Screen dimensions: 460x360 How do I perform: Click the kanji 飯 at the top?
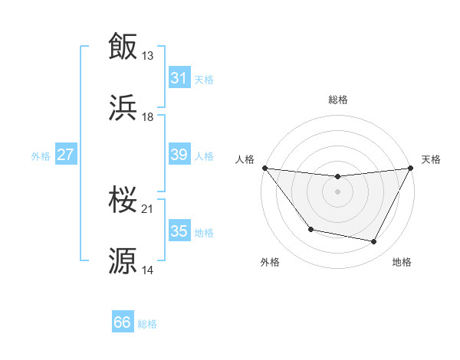pyautogui.click(x=123, y=46)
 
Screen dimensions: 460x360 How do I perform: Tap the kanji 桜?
pyautogui.click(x=123, y=201)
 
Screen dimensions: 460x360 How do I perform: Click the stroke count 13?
pyautogui.click(x=148, y=55)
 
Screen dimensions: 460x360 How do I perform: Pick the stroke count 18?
pyautogui.click(x=148, y=117)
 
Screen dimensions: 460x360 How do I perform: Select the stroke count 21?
pyautogui.click(x=148, y=209)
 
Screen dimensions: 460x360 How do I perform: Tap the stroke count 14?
pyautogui.click(x=148, y=270)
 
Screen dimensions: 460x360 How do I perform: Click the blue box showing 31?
pyautogui.click(x=179, y=78)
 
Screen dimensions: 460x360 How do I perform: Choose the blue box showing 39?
pyautogui.click(x=179, y=155)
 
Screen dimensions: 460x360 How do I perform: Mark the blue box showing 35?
pyautogui.click(x=179, y=231)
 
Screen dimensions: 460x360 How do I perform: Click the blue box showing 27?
pyautogui.click(x=65, y=155)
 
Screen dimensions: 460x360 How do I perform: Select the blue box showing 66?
pyautogui.click(x=123, y=322)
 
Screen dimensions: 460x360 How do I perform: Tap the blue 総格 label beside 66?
pyautogui.click(x=148, y=324)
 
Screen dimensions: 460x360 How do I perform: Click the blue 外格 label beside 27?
pyautogui.click(x=41, y=155)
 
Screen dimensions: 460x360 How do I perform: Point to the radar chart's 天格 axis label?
pyautogui.click(x=431, y=159)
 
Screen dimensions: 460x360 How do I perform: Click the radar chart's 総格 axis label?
pyautogui.click(x=338, y=100)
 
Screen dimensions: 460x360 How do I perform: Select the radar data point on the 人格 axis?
pyautogui.click(x=264, y=168)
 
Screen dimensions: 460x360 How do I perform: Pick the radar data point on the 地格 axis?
pyautogui.click(x=374, y=242)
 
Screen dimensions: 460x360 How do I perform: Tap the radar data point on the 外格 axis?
pyautogui.click(x=310, y=229)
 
